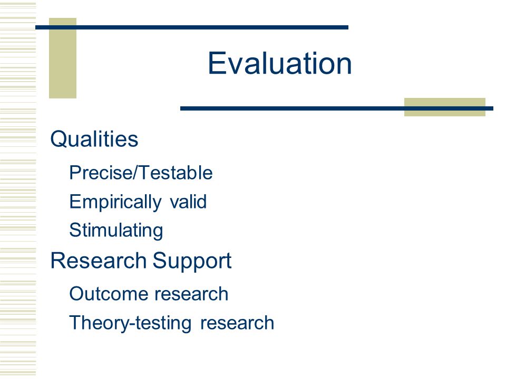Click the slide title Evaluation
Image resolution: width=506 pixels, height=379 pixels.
pos(279,63)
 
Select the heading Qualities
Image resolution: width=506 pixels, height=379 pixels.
pos(94,139)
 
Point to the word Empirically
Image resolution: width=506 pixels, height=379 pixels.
pos(115,202)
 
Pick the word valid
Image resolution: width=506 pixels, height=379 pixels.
pos(188,202)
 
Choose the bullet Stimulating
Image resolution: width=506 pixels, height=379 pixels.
pos(116,231)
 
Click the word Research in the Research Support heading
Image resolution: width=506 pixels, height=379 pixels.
pos(99,261)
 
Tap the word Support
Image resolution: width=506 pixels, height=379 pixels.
pos(192,261)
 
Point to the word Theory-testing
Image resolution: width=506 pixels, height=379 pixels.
pos(130,323)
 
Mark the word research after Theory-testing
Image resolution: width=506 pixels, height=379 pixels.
pos(237,323)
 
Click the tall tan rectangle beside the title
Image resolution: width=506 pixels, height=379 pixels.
pos(63,58)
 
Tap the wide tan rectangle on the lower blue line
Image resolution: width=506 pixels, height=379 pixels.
pos(445,107)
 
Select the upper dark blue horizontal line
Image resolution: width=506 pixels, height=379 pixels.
pos(192,27)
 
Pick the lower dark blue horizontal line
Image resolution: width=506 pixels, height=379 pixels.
pos(337,108)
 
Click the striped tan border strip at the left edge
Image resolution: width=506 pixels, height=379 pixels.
pos(18,189)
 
